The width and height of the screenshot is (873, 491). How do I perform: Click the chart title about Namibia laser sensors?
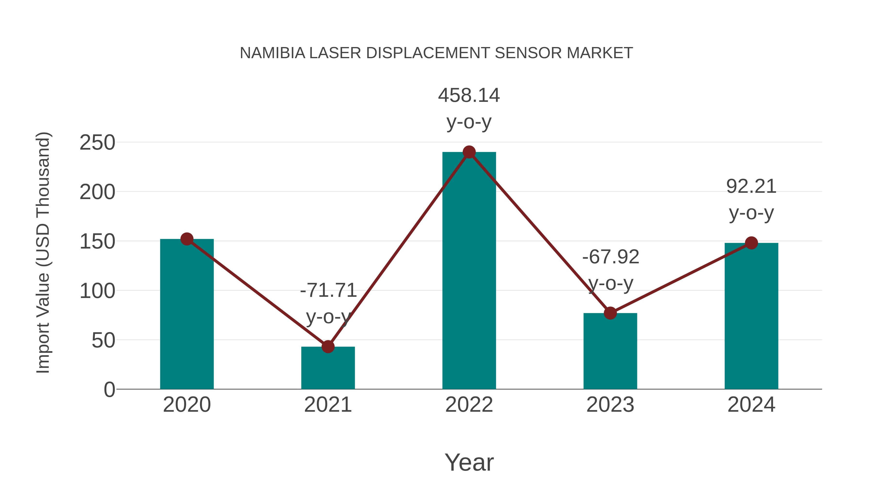[436, 53]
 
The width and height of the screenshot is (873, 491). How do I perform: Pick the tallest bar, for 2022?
[469, 271]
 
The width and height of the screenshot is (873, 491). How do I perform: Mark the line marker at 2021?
[328, 347]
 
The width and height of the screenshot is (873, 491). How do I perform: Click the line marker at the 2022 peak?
[469, 152]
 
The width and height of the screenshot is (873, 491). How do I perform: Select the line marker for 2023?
[610, 313]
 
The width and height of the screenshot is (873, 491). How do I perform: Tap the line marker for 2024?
[751, 243]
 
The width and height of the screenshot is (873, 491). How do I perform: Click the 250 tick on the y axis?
[97, 143]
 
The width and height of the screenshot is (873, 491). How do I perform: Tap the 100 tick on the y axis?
[97, 291]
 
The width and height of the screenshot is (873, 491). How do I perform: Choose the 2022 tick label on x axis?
[469, 405]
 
